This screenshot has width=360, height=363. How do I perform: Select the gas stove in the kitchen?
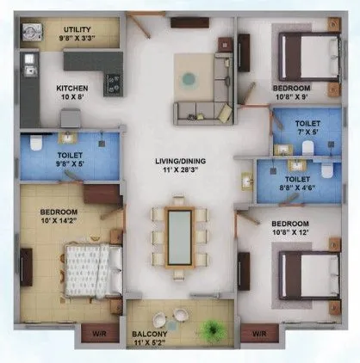point(113,83)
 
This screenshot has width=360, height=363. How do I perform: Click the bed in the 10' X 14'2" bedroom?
point(89,267)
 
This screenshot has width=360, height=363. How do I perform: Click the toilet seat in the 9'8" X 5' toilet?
point(32,143)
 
